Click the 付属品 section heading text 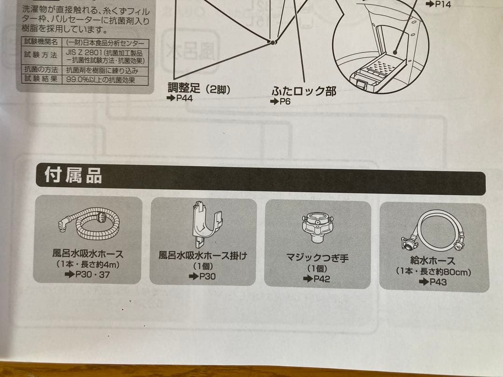(73, 176)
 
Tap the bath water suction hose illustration (89, 223)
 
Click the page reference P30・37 (88, 275)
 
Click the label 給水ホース (433, 261)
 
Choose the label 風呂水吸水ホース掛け (203, 256)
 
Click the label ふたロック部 (304, 91)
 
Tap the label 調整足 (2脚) (199, 89)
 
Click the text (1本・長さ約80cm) (433, 271)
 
